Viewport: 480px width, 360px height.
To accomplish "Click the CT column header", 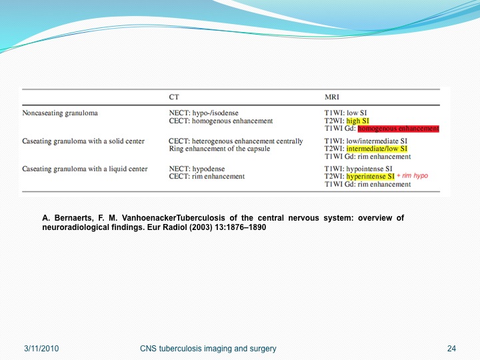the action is [x=174, y=97].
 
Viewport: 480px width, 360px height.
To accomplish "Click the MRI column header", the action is [x=332, y=97].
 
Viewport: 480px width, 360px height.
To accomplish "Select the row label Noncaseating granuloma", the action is [x=60, y=113].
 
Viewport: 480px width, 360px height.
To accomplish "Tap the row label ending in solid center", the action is [x=83, y=141].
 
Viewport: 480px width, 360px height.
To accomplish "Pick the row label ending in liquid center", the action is [x=85, y=169].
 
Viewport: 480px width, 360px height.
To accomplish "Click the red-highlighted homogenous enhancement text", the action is [x=398, y=129].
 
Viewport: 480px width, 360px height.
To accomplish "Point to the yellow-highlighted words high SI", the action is [x=357, y=121].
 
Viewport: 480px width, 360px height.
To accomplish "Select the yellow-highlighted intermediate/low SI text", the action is [x=377, y=149].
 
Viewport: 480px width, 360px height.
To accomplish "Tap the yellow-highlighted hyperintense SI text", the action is [x=371, y=176].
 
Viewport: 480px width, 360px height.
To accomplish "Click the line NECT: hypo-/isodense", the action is [x=203, y=113].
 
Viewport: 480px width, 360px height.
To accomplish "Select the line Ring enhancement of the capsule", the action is [x=219, y=149].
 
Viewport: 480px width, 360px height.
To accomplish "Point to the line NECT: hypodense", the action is [x=197, y=169].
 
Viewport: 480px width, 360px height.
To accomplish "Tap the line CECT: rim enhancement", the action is [x=207, y=176].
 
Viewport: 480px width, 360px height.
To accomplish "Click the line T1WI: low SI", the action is [x=345, y=113].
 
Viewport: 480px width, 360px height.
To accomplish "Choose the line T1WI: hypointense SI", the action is [x=358, y=169].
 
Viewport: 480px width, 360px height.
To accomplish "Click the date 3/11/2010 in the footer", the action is [x=41, y=349].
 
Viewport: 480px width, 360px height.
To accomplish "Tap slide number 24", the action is [x=451, y=349].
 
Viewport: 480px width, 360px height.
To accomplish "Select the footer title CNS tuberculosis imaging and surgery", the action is [x=208, y=349].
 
